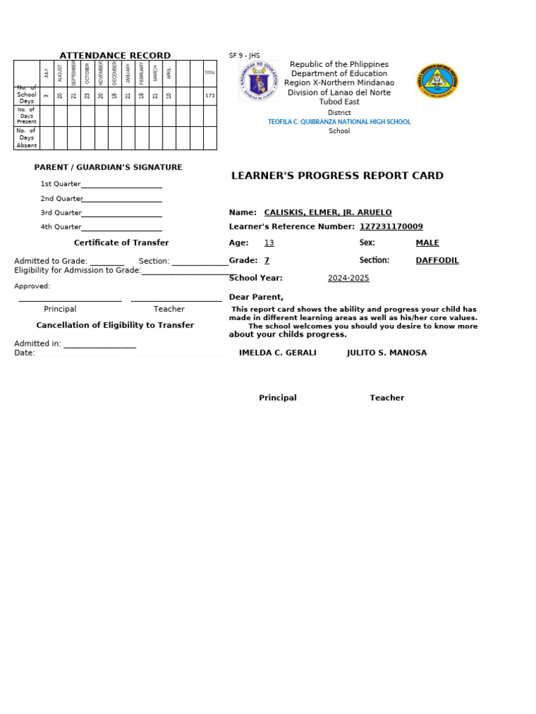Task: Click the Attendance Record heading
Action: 114,56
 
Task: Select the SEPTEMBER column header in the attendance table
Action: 74,73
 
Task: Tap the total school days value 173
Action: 209,96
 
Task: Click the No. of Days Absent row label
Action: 27,138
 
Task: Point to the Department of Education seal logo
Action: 258,81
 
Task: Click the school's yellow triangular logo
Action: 438,82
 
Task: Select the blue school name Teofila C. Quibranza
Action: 339,122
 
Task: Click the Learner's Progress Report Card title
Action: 337,176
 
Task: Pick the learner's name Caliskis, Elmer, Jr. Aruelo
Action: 327,213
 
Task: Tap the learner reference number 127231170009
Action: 391,227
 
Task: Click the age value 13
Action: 269,243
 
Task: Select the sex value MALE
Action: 427,243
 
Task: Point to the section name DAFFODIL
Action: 437,261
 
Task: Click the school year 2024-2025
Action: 348,278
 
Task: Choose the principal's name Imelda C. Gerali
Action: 277,353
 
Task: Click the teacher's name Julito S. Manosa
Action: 387,353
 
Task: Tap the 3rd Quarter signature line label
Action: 61,213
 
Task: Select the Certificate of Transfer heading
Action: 121,243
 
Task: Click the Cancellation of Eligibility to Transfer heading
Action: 115,325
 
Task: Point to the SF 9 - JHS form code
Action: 244,56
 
